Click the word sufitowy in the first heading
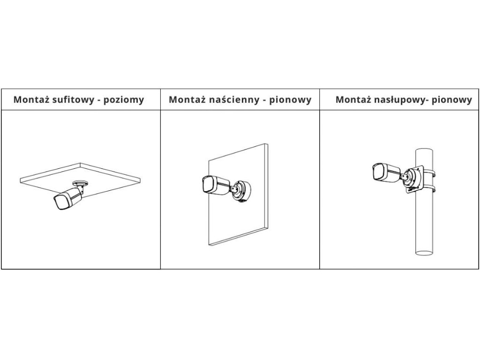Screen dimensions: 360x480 pyautogui.click(x=78, y=100)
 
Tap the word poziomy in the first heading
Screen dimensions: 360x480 pyautogui.click(x=126, y=100)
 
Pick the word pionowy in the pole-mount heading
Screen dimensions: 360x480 pyautogui.click(x=451, y=100)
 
